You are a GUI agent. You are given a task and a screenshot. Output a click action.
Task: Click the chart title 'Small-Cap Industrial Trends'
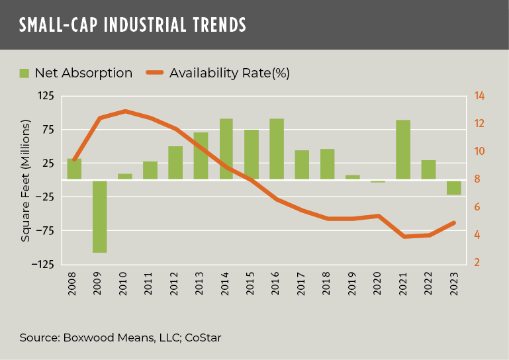coord(132,24)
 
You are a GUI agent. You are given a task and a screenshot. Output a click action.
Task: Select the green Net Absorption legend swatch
coord(24,73)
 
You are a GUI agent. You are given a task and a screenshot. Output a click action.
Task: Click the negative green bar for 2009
coord(100,216)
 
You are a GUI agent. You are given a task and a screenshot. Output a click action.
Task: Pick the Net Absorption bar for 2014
coord(226,149)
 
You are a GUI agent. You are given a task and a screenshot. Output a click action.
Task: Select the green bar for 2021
coord(403,150)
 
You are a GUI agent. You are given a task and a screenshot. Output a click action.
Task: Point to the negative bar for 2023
coord(453,187)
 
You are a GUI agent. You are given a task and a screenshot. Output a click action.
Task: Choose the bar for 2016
coord(277,149)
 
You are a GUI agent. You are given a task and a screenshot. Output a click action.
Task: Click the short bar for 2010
coord(125,176)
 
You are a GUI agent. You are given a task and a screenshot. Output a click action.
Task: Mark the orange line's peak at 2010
coord(125,111)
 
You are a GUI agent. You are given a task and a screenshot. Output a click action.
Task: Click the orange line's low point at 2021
coord(404,236)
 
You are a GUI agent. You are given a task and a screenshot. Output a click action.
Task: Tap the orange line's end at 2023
coord(454,222)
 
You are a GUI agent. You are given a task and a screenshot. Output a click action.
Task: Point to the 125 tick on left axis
coord(45,96)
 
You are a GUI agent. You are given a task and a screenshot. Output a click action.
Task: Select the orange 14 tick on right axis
coord(479,96)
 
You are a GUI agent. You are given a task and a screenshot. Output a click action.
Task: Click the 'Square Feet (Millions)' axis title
coord(25,180)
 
